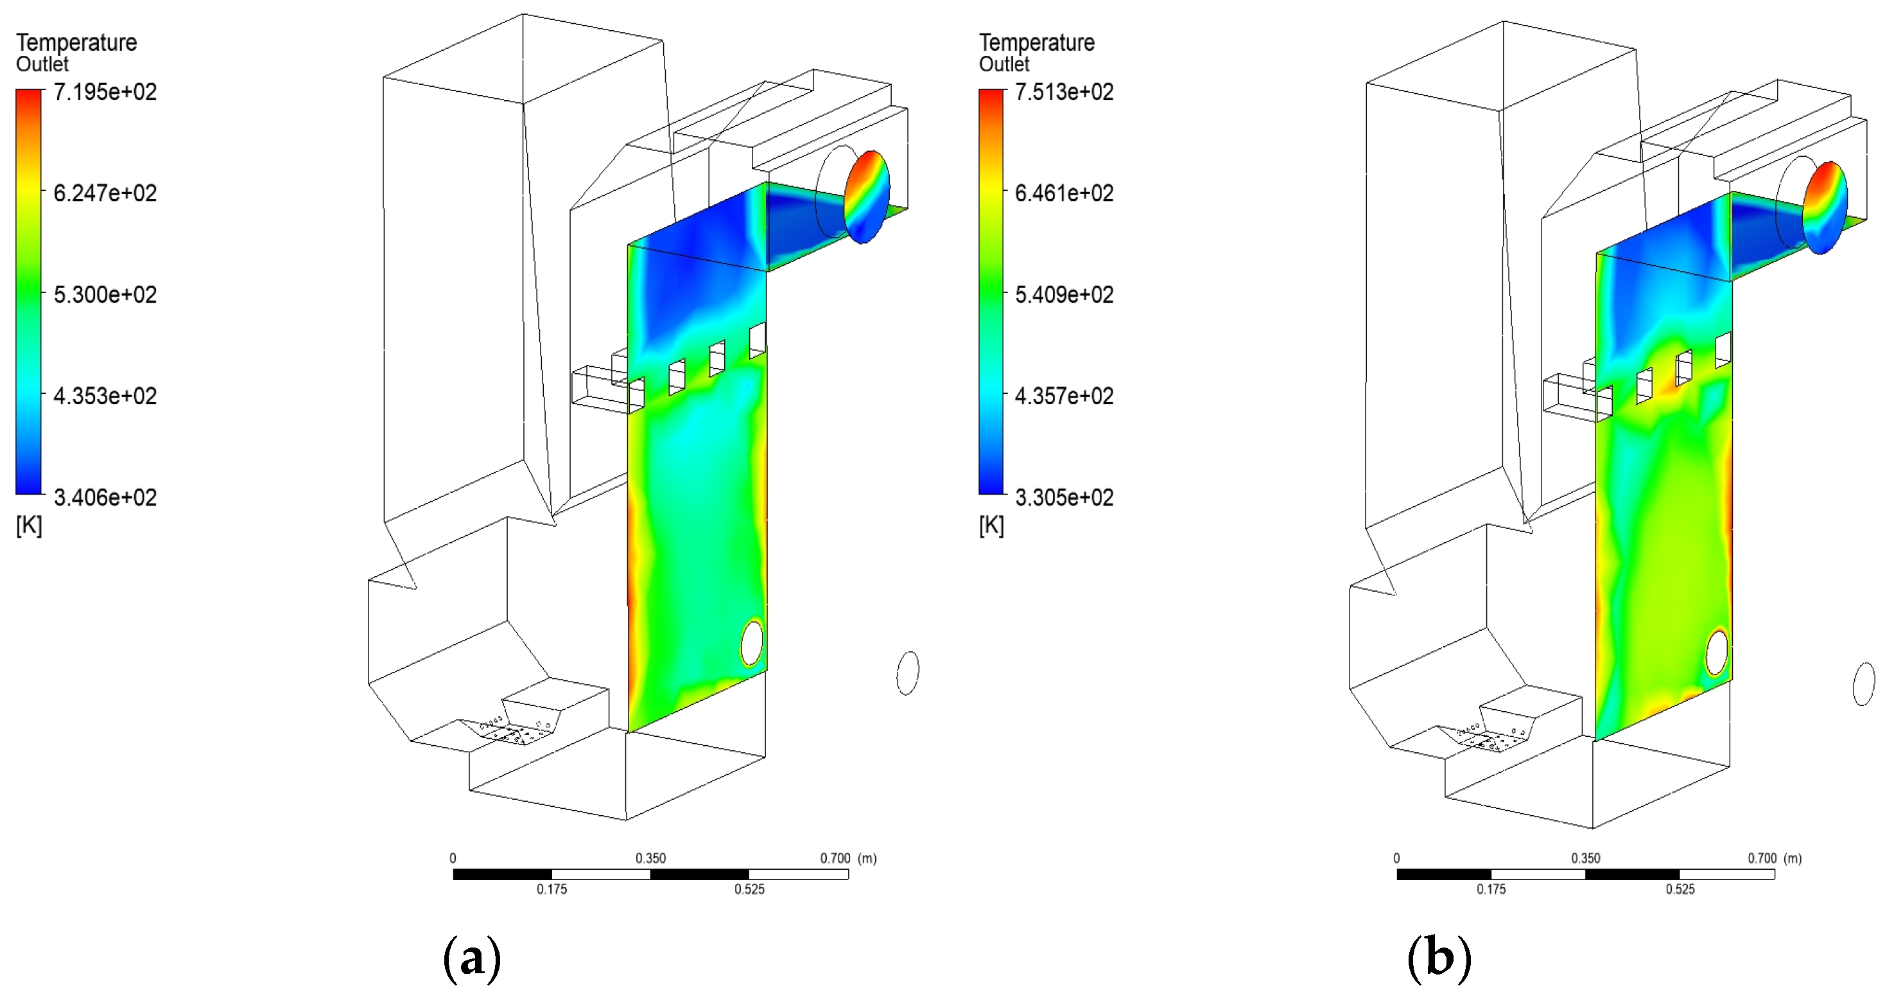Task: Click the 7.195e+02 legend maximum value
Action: [105, 93]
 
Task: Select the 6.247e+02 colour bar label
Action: [105, 193]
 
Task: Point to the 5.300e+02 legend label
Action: [105, 295]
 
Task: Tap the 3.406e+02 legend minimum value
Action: [105, 498]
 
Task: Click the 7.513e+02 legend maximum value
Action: [1064, 93]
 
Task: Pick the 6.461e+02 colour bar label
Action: [1064, 193]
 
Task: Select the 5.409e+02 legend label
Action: [1064, 295]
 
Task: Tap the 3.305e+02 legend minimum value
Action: [1064, 498]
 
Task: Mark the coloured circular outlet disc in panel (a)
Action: [867, 196]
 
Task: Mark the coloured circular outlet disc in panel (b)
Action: [1825, 207]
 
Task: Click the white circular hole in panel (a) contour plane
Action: [752, 642]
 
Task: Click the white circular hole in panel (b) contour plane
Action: [1717, 652]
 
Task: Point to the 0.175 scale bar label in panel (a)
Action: [552, 889]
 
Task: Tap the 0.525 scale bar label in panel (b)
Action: [1680, 889]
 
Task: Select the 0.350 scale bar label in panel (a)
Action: [650, 858]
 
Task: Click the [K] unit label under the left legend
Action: [30, 525]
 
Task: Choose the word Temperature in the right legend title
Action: [1037, 42]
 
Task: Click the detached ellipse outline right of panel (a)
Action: [907, 673]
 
